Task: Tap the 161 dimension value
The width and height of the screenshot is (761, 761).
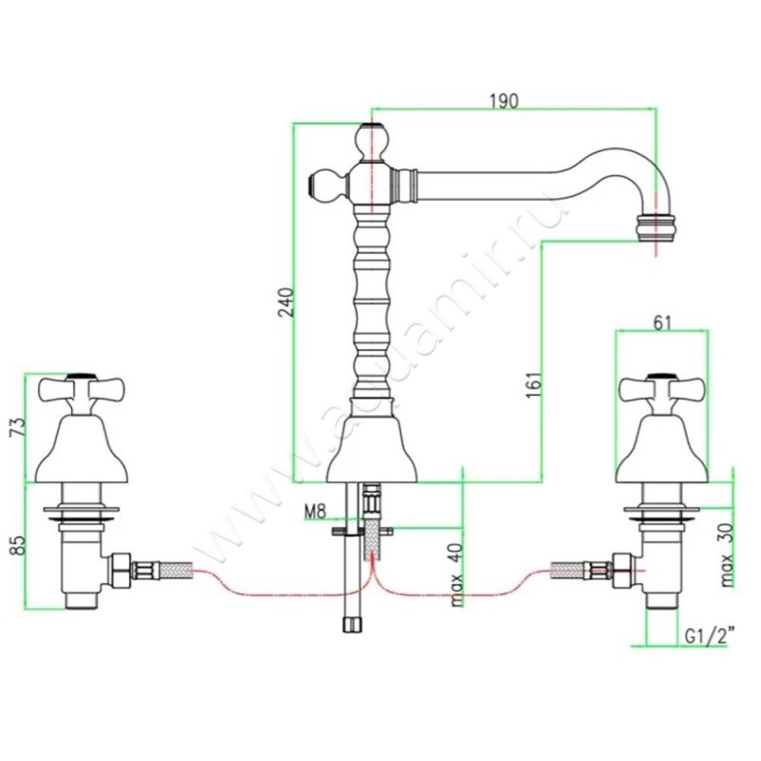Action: pyautogui.click(x=534, y=382)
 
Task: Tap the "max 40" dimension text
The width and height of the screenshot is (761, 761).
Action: pyautogui.click(x=458, y=572)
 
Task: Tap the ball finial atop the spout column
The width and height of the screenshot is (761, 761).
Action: pyautogui.click(x=370, y=142)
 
